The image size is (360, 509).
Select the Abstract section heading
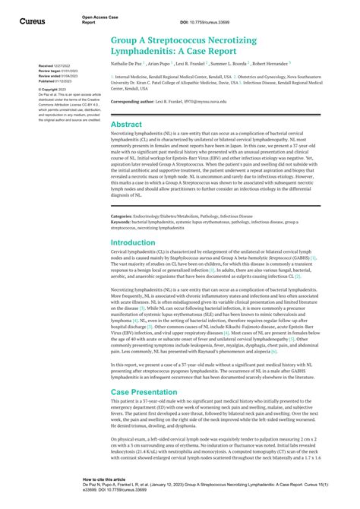coord(125,124)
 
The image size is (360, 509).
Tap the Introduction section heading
coord(133,242)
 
